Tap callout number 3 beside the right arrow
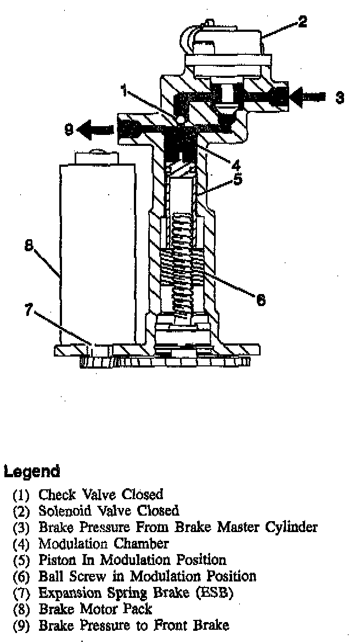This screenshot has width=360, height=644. pyautogui.click(x=340, y=97)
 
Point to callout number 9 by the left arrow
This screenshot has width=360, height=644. pyautogui.click(x=68, y=130)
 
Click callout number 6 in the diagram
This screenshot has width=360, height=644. pyautogui.click(x=261, y=299)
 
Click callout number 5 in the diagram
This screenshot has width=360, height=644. pyautogui.click(x=237, y=179)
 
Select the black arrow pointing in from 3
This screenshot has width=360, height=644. pyautogui.click(x=305, y=97)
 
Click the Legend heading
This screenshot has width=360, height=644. pyautogui.click(x=31, y=471)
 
